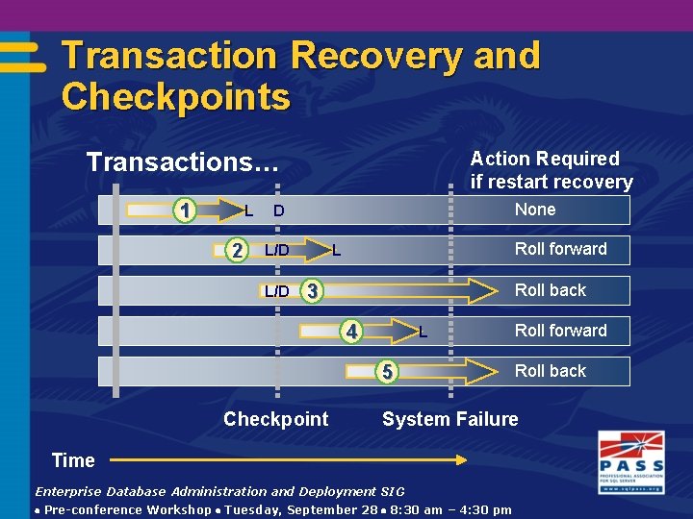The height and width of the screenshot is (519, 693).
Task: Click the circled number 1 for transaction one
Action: [185, 210]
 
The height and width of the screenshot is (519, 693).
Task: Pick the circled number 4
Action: [353, 333]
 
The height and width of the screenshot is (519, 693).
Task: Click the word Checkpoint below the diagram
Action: [275, 419]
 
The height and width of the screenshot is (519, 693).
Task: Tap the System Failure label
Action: [449, 419]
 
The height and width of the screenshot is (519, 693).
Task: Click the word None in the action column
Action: [535, 210]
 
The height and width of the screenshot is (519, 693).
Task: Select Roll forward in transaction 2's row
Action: [560, 249]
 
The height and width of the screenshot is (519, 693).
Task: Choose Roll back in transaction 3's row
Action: [550, 290]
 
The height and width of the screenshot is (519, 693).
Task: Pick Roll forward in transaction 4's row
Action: [560, 331]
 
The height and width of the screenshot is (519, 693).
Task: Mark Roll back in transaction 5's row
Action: [550, 371]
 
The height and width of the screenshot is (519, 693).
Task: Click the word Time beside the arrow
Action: [73, 460]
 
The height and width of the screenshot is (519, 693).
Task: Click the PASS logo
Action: [630, 460]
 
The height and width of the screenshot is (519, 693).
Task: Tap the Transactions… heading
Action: [182, 161]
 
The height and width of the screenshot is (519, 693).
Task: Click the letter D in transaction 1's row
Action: [278, 210]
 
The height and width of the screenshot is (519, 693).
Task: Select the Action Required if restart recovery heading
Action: [551, 170]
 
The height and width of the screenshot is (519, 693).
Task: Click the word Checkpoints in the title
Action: [175, 97]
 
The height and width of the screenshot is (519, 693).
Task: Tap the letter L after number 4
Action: [423, 334]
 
